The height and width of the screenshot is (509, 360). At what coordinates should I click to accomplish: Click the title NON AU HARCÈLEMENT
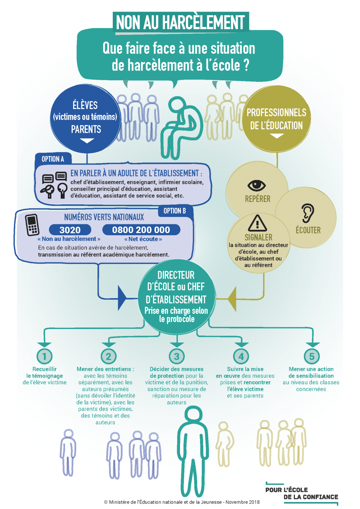click(180, 23)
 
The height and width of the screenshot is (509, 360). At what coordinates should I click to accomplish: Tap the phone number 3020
click(70, 230)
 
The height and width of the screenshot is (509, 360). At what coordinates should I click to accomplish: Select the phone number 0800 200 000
click(141, 230)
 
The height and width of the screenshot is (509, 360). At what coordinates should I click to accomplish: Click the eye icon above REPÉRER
click(257, 185)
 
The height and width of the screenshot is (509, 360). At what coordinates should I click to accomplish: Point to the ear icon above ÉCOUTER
click(308, 213)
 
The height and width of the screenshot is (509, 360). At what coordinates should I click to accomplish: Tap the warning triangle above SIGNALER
click(257, 223)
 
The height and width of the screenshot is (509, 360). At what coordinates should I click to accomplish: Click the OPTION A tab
click(53, 159)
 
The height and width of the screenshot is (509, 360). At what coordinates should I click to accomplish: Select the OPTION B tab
click(175, 211)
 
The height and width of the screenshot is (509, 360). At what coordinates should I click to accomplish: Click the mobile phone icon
click(32, 225)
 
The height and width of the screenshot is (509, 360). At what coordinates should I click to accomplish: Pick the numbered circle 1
click(44, 356)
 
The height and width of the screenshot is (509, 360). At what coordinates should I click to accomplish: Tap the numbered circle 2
click(108, 356)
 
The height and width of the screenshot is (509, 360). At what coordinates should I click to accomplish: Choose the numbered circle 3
click(177, 356)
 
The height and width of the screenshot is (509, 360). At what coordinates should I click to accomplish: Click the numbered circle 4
click(241, 356)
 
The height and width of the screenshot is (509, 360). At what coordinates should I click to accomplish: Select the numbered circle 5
click(312, 356)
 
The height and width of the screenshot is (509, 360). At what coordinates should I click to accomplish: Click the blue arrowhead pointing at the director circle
click(122, 298)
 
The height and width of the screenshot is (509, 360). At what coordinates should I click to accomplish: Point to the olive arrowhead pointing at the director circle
click(232, 299)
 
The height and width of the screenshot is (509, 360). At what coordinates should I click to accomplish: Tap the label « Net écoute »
click(143, 239)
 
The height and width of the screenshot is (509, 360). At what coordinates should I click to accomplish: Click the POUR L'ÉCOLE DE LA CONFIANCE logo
click(302, 493)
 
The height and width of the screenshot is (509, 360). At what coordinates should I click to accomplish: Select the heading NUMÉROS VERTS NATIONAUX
click(104, 217)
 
